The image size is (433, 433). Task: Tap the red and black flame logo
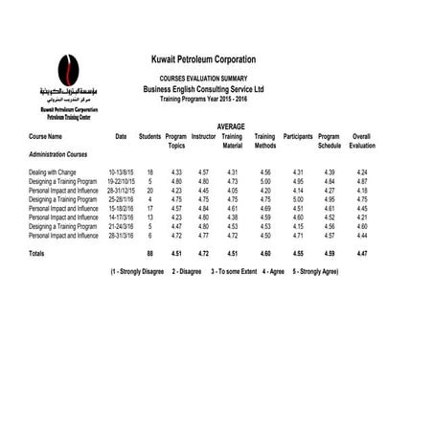coord(68,69)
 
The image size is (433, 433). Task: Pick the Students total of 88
coord(149,254)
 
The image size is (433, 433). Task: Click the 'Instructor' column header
coord(203,137)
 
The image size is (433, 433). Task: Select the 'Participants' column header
coord(298,137)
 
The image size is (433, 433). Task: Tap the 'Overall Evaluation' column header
coord(362,141)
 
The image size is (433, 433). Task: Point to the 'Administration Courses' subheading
coord(58,153)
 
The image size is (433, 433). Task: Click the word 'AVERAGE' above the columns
coord(231,126)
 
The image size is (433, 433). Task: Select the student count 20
coord(150,190)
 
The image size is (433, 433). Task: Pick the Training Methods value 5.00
coord(265,180)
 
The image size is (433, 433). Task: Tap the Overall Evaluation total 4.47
coord(362,254)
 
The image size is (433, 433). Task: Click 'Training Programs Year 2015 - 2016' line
coord(203,99)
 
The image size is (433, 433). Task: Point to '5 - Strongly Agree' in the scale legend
coord(311,271)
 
